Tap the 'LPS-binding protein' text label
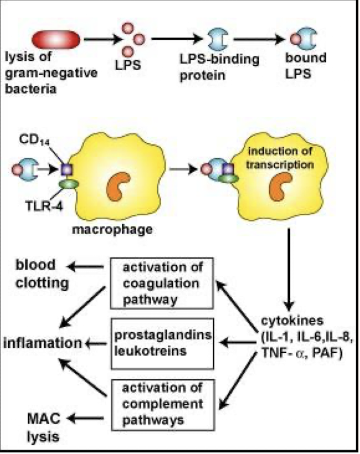[219, 66]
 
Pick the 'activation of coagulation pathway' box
[161, 282]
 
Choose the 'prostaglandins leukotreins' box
[161, 344]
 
